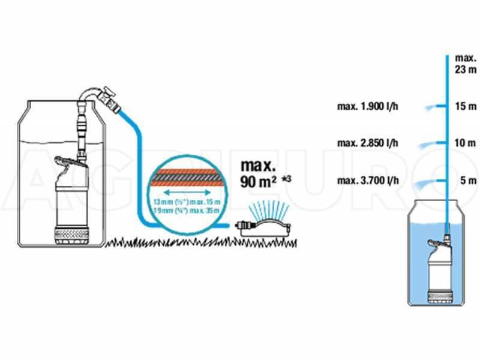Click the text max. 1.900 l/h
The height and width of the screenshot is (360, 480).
pos(368,107)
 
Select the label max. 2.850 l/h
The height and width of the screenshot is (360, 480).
pos(368,144)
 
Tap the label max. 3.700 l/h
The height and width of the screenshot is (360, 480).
pos(368,181)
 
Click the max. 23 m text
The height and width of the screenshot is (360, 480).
pos(465,64)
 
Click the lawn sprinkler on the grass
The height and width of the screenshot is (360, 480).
pos(264,226)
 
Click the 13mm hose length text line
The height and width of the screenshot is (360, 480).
pos(187,203)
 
